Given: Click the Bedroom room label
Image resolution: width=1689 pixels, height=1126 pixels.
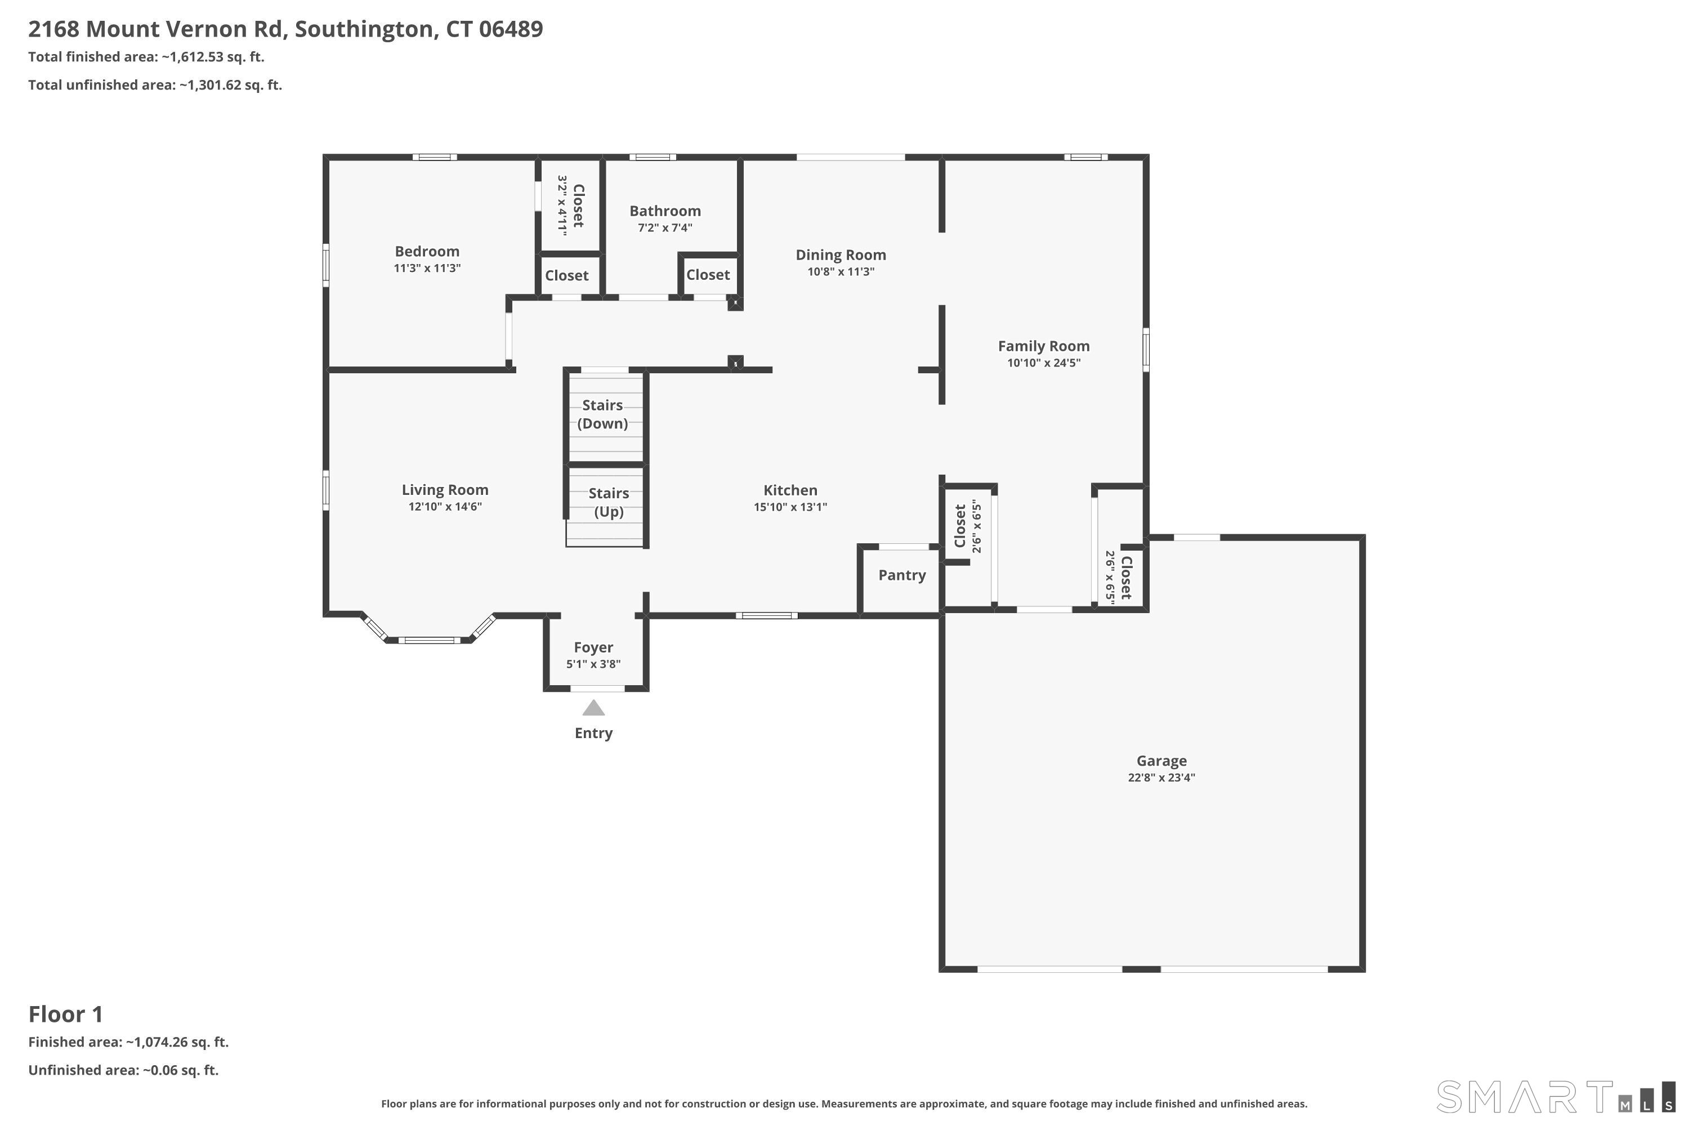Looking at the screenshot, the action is pos(427,251).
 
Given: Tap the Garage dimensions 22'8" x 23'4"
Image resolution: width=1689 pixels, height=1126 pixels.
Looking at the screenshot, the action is pos(1161,777).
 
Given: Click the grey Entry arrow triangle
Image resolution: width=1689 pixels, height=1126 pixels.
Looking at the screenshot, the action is pos(593,708).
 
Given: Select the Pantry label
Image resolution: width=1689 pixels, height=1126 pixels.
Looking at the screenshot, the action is pos(902,575).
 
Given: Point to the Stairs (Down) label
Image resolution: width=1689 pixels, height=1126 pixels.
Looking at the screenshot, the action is pos(602,414).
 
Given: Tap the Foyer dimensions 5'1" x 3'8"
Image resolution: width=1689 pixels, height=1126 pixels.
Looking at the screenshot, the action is pos(593,664).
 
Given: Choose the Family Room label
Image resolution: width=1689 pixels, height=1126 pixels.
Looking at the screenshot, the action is pos(1043,346).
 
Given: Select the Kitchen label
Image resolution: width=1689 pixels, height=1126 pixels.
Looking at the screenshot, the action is pos(790,490).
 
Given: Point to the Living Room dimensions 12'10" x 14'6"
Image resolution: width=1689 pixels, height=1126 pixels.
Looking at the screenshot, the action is pos(445,507).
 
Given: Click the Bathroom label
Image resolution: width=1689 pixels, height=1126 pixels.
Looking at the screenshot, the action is pos(665,211).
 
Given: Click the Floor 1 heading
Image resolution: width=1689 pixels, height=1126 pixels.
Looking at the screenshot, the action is pos(66,1014).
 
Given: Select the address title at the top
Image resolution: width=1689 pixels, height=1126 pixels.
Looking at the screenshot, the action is pos(286,29).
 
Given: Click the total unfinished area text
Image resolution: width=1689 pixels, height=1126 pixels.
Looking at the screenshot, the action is pos(155,86).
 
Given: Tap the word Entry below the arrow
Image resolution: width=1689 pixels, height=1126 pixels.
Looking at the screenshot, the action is pos(593,733).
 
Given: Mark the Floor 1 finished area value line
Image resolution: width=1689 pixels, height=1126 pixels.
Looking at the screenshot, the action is pos(128,1042).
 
